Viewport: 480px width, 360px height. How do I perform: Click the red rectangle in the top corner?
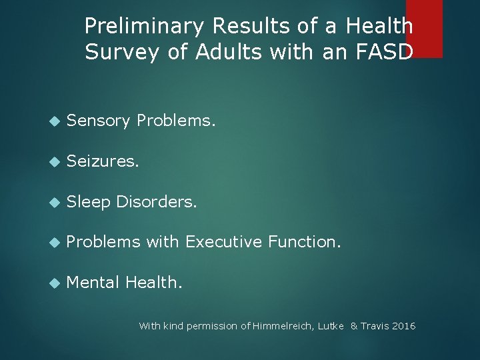424,27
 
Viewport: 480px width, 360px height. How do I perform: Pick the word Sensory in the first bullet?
99,120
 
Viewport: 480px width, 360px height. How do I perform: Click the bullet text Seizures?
103,161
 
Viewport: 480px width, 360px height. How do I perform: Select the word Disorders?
157,202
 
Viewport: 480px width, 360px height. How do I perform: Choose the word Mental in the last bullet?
93,283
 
